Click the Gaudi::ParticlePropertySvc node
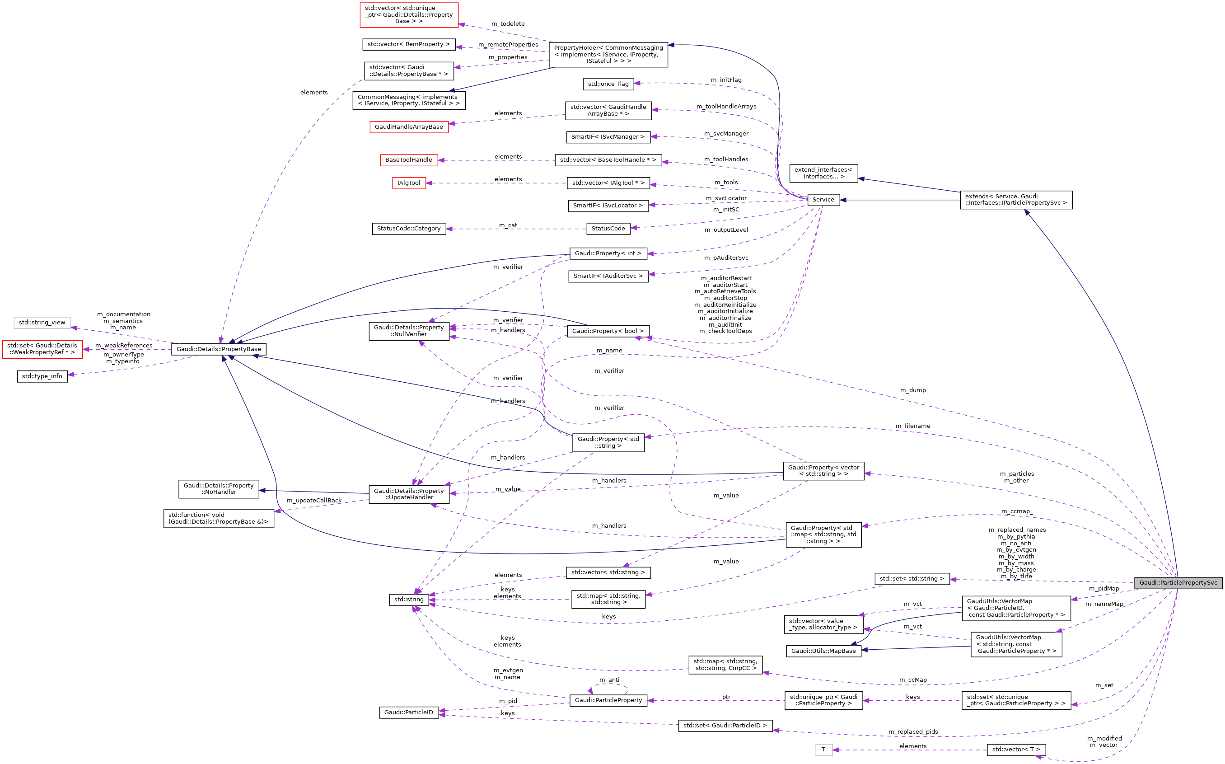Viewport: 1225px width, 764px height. pos(1178,582)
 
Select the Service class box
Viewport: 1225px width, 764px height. pos(823,200)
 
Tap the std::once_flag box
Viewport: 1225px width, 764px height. pos(608,84)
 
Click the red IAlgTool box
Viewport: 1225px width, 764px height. pos(409,183)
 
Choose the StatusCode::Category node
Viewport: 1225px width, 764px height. pos(408,229)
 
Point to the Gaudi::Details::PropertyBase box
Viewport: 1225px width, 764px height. pos(218,349)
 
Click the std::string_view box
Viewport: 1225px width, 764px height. pos(42,323)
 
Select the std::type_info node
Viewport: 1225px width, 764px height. pos(42,376)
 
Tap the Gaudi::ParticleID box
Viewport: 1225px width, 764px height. pos(408,712)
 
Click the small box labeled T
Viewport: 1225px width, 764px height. pos(823,750)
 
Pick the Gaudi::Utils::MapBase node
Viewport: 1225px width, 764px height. pos(823,651)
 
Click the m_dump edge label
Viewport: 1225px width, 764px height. pos(913,390)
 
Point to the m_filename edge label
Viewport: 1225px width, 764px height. pos(912,426)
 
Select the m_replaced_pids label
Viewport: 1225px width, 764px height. pos(913,731)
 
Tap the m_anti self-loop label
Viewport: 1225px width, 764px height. pos(609,680)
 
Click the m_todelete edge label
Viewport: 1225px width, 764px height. pos(508,24)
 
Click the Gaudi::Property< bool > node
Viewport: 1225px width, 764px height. pos(608,331)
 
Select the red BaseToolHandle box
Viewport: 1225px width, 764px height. pos(408,159)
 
